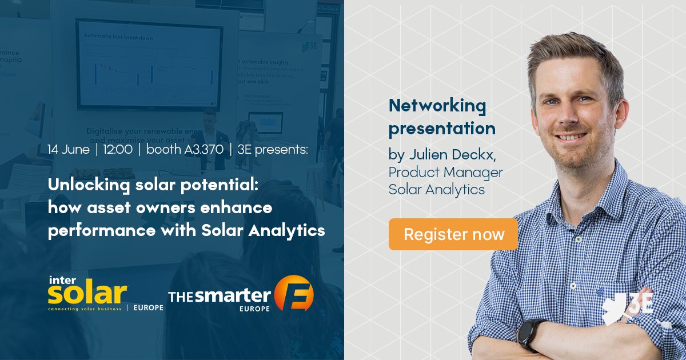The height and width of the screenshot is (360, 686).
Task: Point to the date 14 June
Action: pyautogui.click(x=69, y=150)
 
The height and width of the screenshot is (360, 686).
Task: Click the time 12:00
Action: pyautogui.click(x=118, y=150)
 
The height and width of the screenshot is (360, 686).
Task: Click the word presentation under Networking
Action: pyautogui.click(x=442, y=129)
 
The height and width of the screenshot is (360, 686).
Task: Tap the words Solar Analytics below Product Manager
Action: pyautogui.click(x=437, y=189)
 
